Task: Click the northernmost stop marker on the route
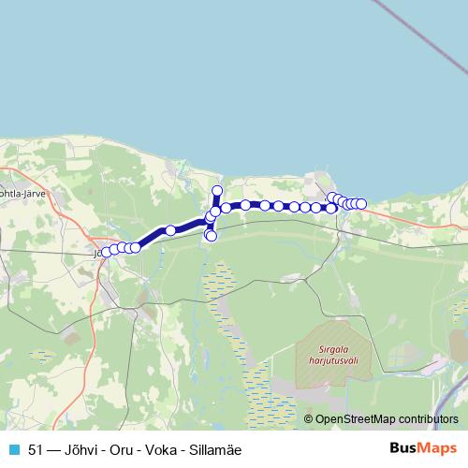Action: [217, 192]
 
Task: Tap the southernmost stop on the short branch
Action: [211, 236]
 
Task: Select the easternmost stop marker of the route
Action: [361, 204]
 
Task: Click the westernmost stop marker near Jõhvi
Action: [106, 252]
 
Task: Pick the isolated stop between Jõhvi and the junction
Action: [170, 230]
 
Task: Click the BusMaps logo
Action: [422, 449]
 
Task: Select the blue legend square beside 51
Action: [13, 449]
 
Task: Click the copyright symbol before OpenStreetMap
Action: [308, 418]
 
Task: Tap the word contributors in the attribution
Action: [429, 418]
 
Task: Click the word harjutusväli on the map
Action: [327, 358]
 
